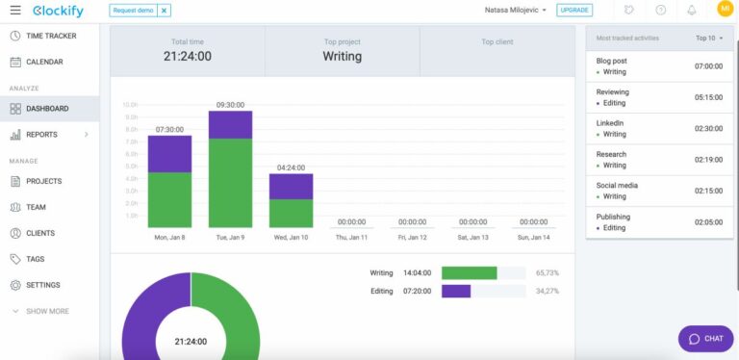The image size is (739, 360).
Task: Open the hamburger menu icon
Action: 14,10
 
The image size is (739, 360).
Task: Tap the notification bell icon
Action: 691,11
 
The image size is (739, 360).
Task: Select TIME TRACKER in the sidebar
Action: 50,36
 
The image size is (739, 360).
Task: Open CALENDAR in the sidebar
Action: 44,62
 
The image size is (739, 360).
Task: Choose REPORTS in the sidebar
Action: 41,135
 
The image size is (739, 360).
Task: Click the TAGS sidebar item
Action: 36,259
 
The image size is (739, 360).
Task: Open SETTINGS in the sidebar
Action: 43,285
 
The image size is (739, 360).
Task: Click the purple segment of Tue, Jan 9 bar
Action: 230,125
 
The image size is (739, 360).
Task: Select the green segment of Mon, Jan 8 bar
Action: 169,199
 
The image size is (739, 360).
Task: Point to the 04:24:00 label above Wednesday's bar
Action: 291,167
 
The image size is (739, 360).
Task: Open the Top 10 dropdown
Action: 709,39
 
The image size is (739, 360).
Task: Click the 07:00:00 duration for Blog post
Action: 710,66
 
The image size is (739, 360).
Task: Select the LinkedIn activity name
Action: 610,123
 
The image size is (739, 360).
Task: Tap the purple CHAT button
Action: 706,339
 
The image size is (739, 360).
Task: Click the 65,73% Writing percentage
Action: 547,273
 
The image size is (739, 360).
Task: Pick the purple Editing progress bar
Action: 456,291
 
